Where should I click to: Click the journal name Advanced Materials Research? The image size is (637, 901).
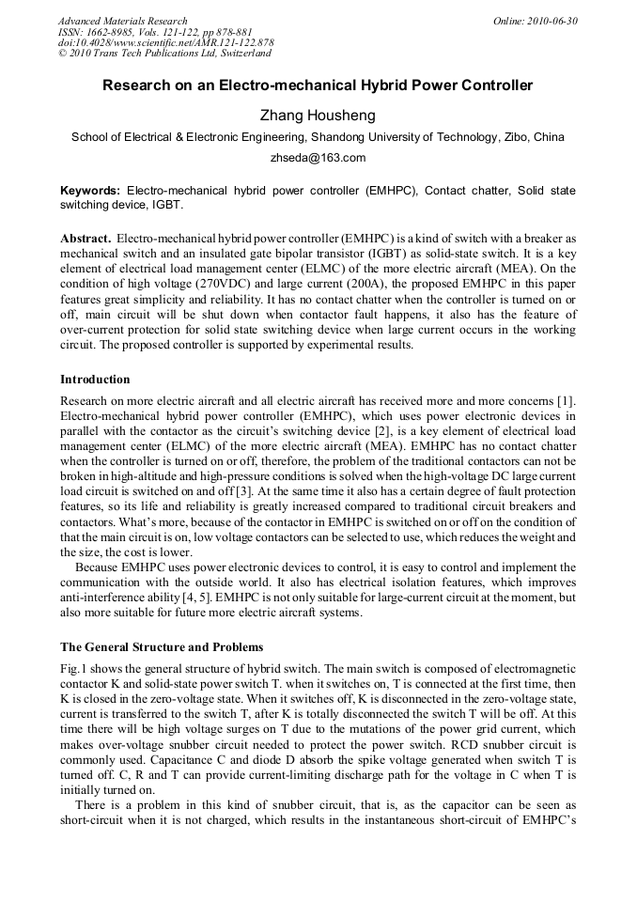point(122,21)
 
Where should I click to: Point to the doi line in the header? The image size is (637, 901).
point(165,43)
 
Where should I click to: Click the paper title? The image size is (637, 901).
point(318,86)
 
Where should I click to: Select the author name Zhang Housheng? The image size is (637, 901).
point(318,115)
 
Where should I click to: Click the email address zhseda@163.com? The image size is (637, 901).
point(318,158)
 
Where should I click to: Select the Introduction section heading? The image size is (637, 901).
point(95,380)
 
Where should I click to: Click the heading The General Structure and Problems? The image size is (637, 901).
point(162,647)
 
